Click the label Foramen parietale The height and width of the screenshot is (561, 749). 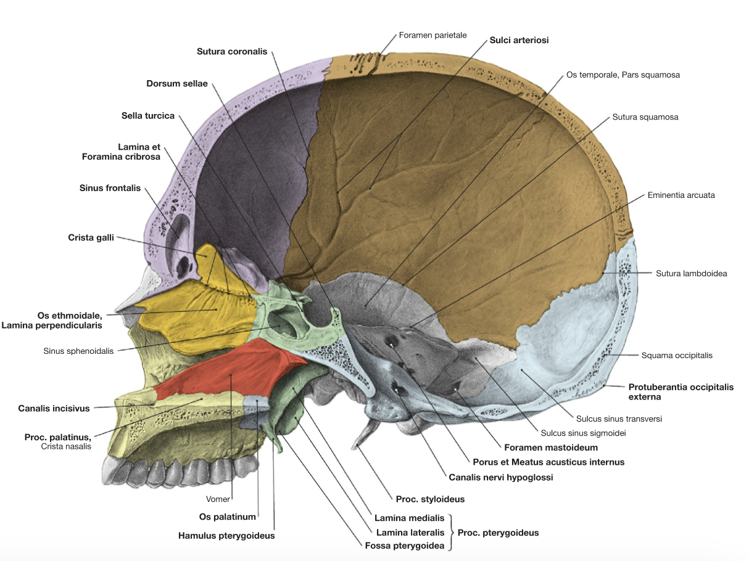coord(432,35)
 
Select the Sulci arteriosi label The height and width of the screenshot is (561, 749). coord(519,40)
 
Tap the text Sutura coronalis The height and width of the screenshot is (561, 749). coord(232,51)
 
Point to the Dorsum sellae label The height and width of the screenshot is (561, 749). coord(176,83)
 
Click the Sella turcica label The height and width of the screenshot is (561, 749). coord(147,115)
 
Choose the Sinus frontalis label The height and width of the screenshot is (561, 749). coord(110,188)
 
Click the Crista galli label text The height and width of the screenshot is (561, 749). coord(91,237)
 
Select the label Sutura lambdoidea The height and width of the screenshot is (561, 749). coord(692,273)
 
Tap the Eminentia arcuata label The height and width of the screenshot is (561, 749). coord(681,195)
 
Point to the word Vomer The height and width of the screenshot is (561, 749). coord(218,499)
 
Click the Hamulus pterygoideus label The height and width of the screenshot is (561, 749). coord(226,536)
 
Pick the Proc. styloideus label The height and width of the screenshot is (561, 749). coord(430,499)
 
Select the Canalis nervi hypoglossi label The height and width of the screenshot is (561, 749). coord(500,477)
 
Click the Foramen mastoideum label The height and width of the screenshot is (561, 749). coord(551,447)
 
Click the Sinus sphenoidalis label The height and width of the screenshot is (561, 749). coord(78,351)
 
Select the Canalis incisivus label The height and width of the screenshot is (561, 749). coord(54,408)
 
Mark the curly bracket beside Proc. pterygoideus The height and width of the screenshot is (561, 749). coord(452,533)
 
